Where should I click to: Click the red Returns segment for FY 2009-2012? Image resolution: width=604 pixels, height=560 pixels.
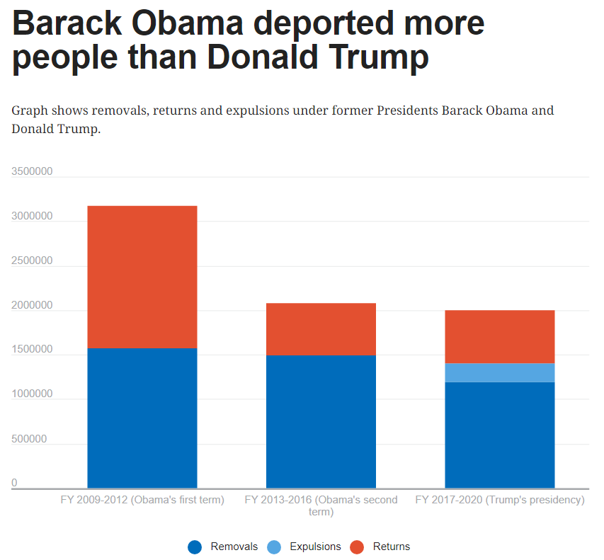click(x=142, y=276)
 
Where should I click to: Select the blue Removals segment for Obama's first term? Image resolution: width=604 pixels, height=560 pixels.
click(x=142, y=418)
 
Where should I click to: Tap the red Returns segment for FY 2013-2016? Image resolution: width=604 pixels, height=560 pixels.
click(x=321, y=328)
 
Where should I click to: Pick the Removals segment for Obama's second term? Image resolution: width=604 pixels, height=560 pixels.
click(x=321, y=421)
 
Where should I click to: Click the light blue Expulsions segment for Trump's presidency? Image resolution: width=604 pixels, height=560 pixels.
click(x=499, y=372)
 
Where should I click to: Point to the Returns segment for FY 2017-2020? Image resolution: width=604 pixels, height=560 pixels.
click(x=499, y=336)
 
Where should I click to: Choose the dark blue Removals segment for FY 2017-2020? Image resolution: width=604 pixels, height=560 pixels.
click(x=499, y=435)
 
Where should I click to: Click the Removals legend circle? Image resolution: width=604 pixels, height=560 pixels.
click(x=195, y=547)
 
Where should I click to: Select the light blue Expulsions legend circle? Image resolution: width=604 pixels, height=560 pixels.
click(x=274, y=547)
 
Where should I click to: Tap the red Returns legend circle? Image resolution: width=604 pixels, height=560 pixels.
click(x=358, y=547)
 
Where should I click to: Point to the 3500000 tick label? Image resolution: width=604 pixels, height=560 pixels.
click(x=32, y=171)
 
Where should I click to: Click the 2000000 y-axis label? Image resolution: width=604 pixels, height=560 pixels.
click(x=32, y=305)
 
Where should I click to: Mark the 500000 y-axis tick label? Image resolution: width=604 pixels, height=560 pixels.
click(x=29, y=439)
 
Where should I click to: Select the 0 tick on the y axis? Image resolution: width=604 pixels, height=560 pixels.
click(x=14, y=483)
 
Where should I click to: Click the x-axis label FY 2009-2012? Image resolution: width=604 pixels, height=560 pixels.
click(x=142, y=500)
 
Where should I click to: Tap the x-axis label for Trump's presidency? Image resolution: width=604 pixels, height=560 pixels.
click(x=499, y=500)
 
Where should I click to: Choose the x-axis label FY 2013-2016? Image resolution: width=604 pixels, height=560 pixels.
click(x=321, y=505)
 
